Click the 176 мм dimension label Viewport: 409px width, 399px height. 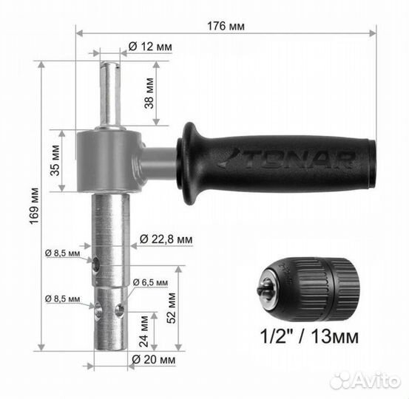tap(226, 27)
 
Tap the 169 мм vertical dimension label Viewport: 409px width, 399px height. tap(34, 206)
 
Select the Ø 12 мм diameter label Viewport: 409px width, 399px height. tap(150, 47)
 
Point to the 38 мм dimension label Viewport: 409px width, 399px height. tap(149, 93)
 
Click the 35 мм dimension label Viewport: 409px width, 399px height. tap(55, 160)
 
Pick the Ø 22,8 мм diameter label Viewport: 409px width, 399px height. tap(166, 239)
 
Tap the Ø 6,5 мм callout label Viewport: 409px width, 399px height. tap(150, 282)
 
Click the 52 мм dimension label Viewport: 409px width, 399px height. tap(171, 308)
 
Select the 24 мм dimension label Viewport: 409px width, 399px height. tap(143, 331)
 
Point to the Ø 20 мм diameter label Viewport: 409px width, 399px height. tap(153, 360)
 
